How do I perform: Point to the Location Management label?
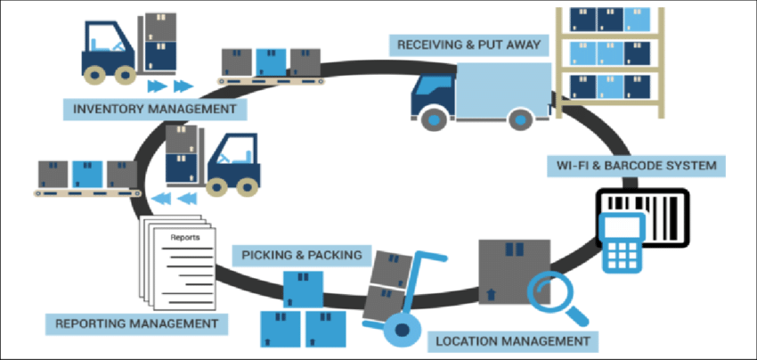pos(511,340)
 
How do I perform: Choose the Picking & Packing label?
pos(302,255)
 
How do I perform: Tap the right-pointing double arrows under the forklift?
pos(169,86)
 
